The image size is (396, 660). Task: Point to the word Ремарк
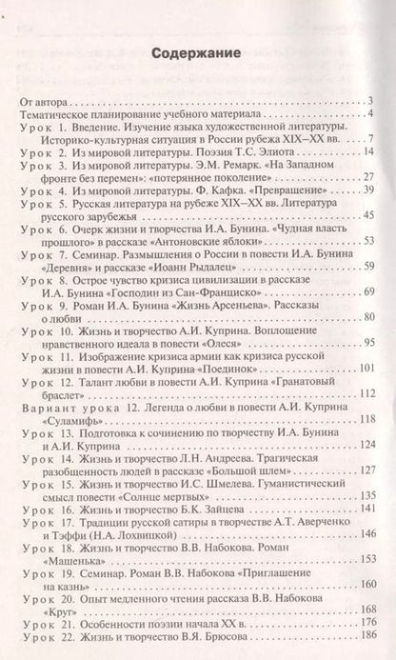pyautogui.click(x=228, y=166)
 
